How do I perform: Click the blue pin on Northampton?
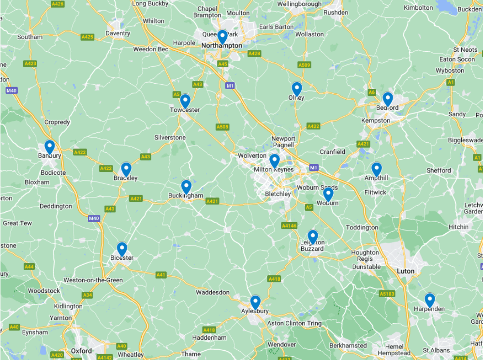click(222, 36)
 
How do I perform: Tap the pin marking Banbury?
click(49, 147)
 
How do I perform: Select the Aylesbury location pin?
click(255, 302)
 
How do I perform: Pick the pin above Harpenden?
click(429, 300)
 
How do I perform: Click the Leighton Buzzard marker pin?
click(313, 237)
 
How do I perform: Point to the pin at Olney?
click(297, 89)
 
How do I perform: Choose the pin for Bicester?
click(122, 249)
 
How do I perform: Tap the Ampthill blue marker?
click(377, 169)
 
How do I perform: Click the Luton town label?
click(406, 271)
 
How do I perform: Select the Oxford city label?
click(81, 351)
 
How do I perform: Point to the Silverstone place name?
click(170, 137)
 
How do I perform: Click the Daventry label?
click(117, 33)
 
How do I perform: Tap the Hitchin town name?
click(458, 227)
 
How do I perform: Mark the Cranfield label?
click(333, 152)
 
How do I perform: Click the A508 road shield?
click(222, 127)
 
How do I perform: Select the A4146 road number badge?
click(289, 225)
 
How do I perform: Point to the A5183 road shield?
click(387, 294)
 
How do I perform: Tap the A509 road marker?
click(304, 65)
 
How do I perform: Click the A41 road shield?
click(161, 275)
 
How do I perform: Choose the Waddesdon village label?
click(212, 292)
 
